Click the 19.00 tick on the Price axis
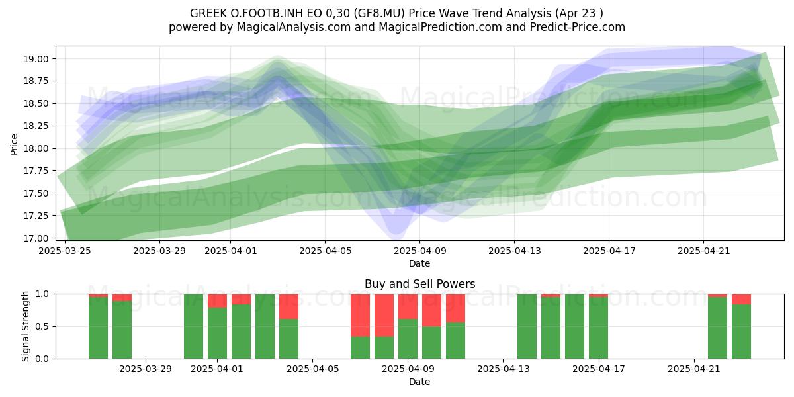click(36, 59)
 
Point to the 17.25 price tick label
click(36, 216)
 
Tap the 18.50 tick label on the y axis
click(36, 104)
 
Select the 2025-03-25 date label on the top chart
click(65, 251)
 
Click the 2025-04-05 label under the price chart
click(325, 251)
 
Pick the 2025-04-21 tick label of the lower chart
click(693, 369)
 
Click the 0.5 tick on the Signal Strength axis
click(42, 326)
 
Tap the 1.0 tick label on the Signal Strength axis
click(42, 294)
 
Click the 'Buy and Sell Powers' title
click(419, 284)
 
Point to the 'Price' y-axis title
click(14, 144)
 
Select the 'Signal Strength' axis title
click(25, 326)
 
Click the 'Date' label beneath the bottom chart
click(419, 382)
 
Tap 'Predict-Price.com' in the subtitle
click(578, 27)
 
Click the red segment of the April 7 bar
click(360, 316)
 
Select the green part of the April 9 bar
click(431, 343)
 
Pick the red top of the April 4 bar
click(288, 306)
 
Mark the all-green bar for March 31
click(193, 326)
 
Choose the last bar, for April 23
click(741, 326)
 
